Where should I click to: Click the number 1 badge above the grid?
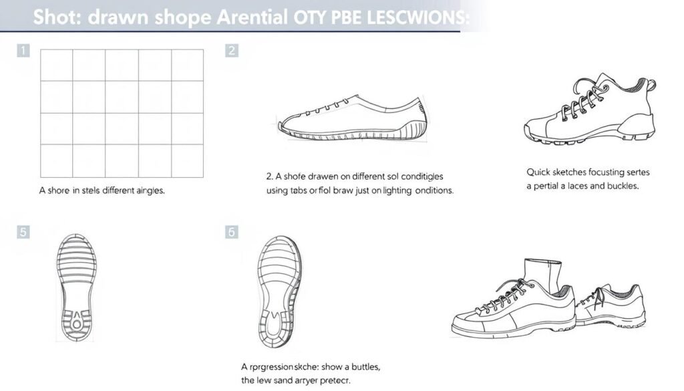point(23,50)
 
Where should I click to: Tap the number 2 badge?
point(232,50)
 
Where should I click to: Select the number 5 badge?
point(23,233)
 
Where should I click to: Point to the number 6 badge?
point(232,233)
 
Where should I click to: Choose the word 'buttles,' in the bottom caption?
point(360,367)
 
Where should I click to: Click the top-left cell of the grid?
point(57,65)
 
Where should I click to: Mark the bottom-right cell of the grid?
point(187,161)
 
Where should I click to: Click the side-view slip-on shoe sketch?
point(351,119)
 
